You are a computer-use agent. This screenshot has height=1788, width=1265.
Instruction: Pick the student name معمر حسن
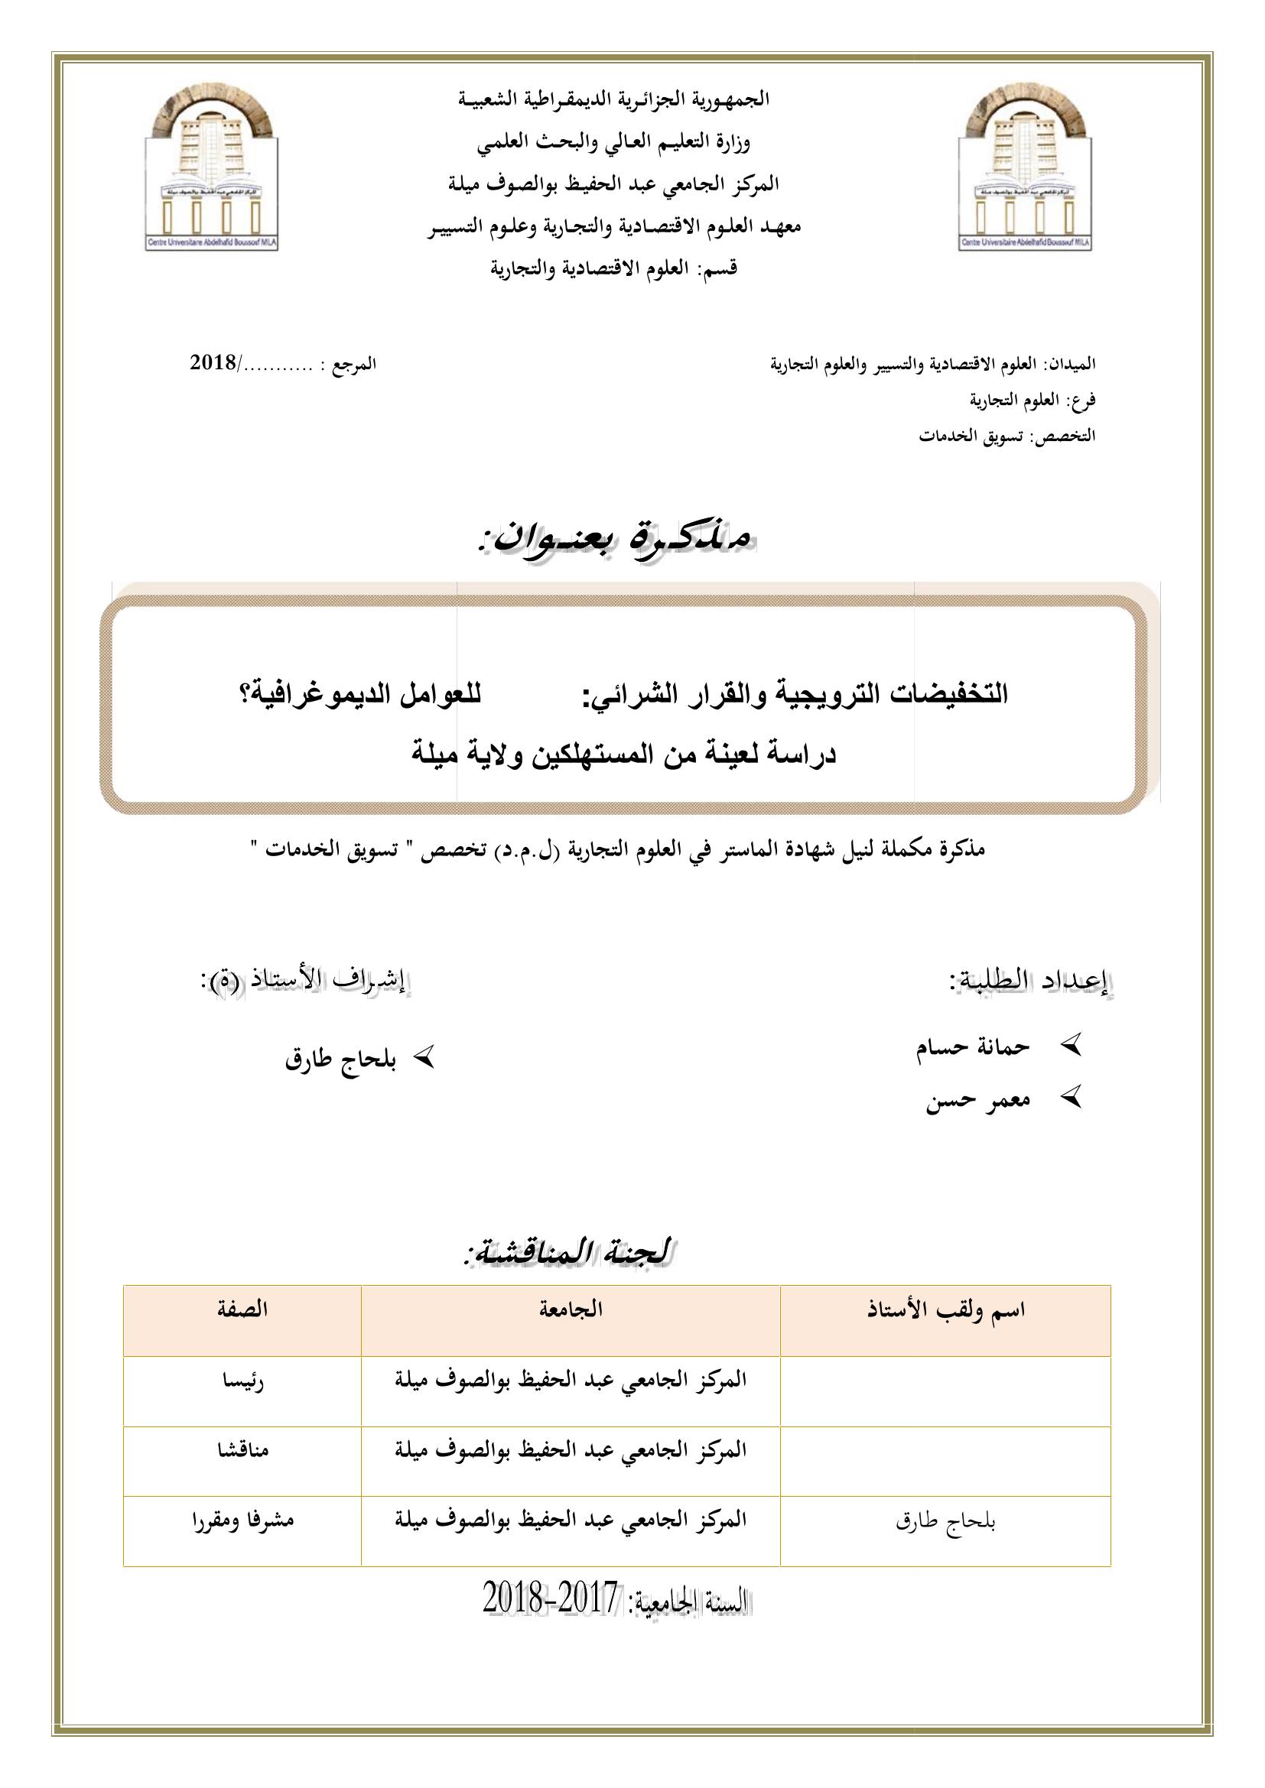click(x=977, y=1101)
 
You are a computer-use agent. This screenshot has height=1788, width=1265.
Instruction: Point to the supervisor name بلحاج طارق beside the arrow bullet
click(x=340, y=1061)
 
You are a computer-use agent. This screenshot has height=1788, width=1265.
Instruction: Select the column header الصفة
click(x=242, y=1309)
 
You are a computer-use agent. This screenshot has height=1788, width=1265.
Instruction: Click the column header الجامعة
click(x=571, y=1309)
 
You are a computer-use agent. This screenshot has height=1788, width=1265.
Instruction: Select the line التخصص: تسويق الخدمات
click(x=1006, y=436)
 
